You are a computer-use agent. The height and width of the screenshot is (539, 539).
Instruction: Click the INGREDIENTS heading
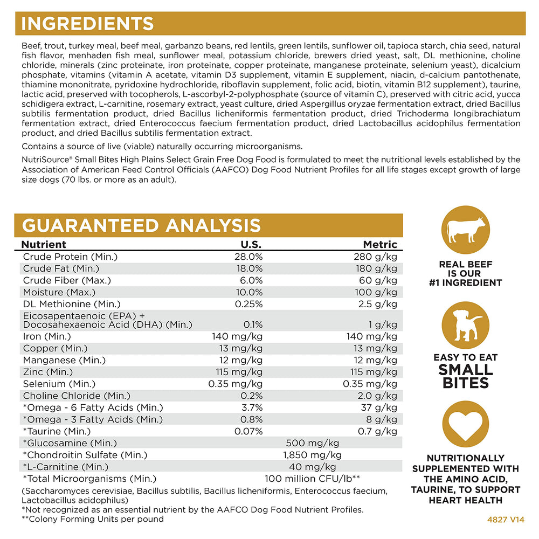(87, 24)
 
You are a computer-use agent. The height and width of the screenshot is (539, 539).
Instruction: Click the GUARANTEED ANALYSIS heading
(141, 225)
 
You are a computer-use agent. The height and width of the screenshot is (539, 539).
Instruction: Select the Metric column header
(380, 244)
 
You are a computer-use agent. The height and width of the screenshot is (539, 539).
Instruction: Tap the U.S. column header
(251, 244)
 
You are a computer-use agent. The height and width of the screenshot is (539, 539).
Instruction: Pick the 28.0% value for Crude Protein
(248, 257)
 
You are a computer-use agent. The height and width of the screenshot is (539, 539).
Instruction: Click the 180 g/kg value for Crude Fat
(376, 268)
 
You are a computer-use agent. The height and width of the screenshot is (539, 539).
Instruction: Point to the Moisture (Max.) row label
(59, 292)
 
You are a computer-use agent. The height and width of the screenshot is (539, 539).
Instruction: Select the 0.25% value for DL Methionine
(248, 304)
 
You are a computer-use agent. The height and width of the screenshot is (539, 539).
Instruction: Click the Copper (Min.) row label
(56, 348)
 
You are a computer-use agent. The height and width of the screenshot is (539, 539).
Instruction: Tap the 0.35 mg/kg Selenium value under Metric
(370, 384)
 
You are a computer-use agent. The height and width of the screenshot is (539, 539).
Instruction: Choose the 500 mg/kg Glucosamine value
(313, 443)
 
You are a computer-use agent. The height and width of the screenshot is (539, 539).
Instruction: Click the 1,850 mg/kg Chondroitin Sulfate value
(313, 455)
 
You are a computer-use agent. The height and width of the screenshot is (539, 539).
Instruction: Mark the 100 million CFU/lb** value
(313, 479)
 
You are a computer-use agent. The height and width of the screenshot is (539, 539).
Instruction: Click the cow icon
(466, 230)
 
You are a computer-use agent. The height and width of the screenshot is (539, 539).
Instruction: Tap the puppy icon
(466, 326)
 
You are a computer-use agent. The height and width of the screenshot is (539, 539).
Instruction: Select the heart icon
(466, 424)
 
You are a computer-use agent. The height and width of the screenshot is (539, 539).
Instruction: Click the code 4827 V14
(506, 520)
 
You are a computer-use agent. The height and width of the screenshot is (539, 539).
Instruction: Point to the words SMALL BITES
(466, 376)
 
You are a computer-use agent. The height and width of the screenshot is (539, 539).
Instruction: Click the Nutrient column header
(43, 244)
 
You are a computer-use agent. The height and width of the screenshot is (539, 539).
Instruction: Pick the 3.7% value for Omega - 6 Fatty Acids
(252, 407)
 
